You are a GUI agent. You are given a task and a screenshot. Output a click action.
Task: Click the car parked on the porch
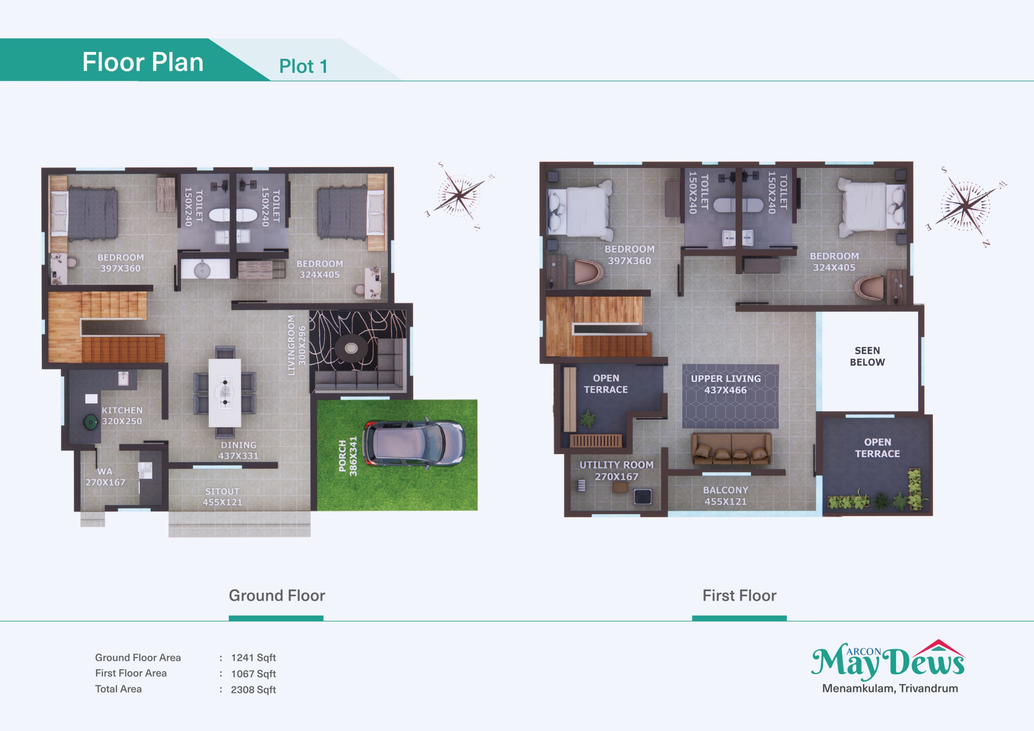tap(414, 443)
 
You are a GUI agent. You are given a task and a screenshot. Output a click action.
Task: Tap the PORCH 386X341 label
tap(347, 456)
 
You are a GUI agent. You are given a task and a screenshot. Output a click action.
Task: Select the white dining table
tap(225, 392)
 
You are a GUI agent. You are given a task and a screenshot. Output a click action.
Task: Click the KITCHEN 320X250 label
tap(122, 416)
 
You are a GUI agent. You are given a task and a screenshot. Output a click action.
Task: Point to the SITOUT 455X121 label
tap(222, 496)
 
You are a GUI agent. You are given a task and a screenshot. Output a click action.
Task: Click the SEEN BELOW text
tap(867, 356)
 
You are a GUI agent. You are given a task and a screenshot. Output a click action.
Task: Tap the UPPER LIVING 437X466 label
tap(726, 384)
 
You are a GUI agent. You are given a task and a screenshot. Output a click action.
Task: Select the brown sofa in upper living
tap(731, 448)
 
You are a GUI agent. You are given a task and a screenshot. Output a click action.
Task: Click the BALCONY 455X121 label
tap(726, 495)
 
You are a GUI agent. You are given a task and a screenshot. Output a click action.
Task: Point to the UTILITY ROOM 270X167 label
tap(616, 470)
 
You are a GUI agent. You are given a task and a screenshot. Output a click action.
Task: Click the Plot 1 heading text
tap(303, 66)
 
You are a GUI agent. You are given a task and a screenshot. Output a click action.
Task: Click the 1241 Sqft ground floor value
tap(254, 658)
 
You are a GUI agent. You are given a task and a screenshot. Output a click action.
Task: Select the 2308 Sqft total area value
tap(254, 690)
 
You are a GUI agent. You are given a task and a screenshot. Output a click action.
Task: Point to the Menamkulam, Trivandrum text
tap(890, 688)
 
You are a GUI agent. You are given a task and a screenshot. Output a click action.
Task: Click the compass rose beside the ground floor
tap(460, 195)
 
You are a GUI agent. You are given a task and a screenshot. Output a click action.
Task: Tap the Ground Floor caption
tap(277, 595)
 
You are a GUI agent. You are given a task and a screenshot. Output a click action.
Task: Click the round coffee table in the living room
tap(351, 348)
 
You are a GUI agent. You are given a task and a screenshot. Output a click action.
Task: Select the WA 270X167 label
tap(105, 477)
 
